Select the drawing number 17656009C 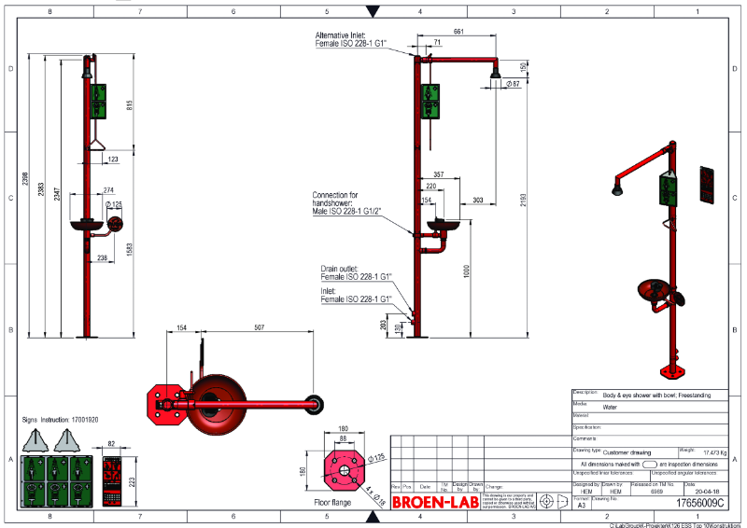(698, 503)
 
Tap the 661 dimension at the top (458, 32)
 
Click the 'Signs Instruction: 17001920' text (60, 420)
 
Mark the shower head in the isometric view (618, 189)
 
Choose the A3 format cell (582, 503)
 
